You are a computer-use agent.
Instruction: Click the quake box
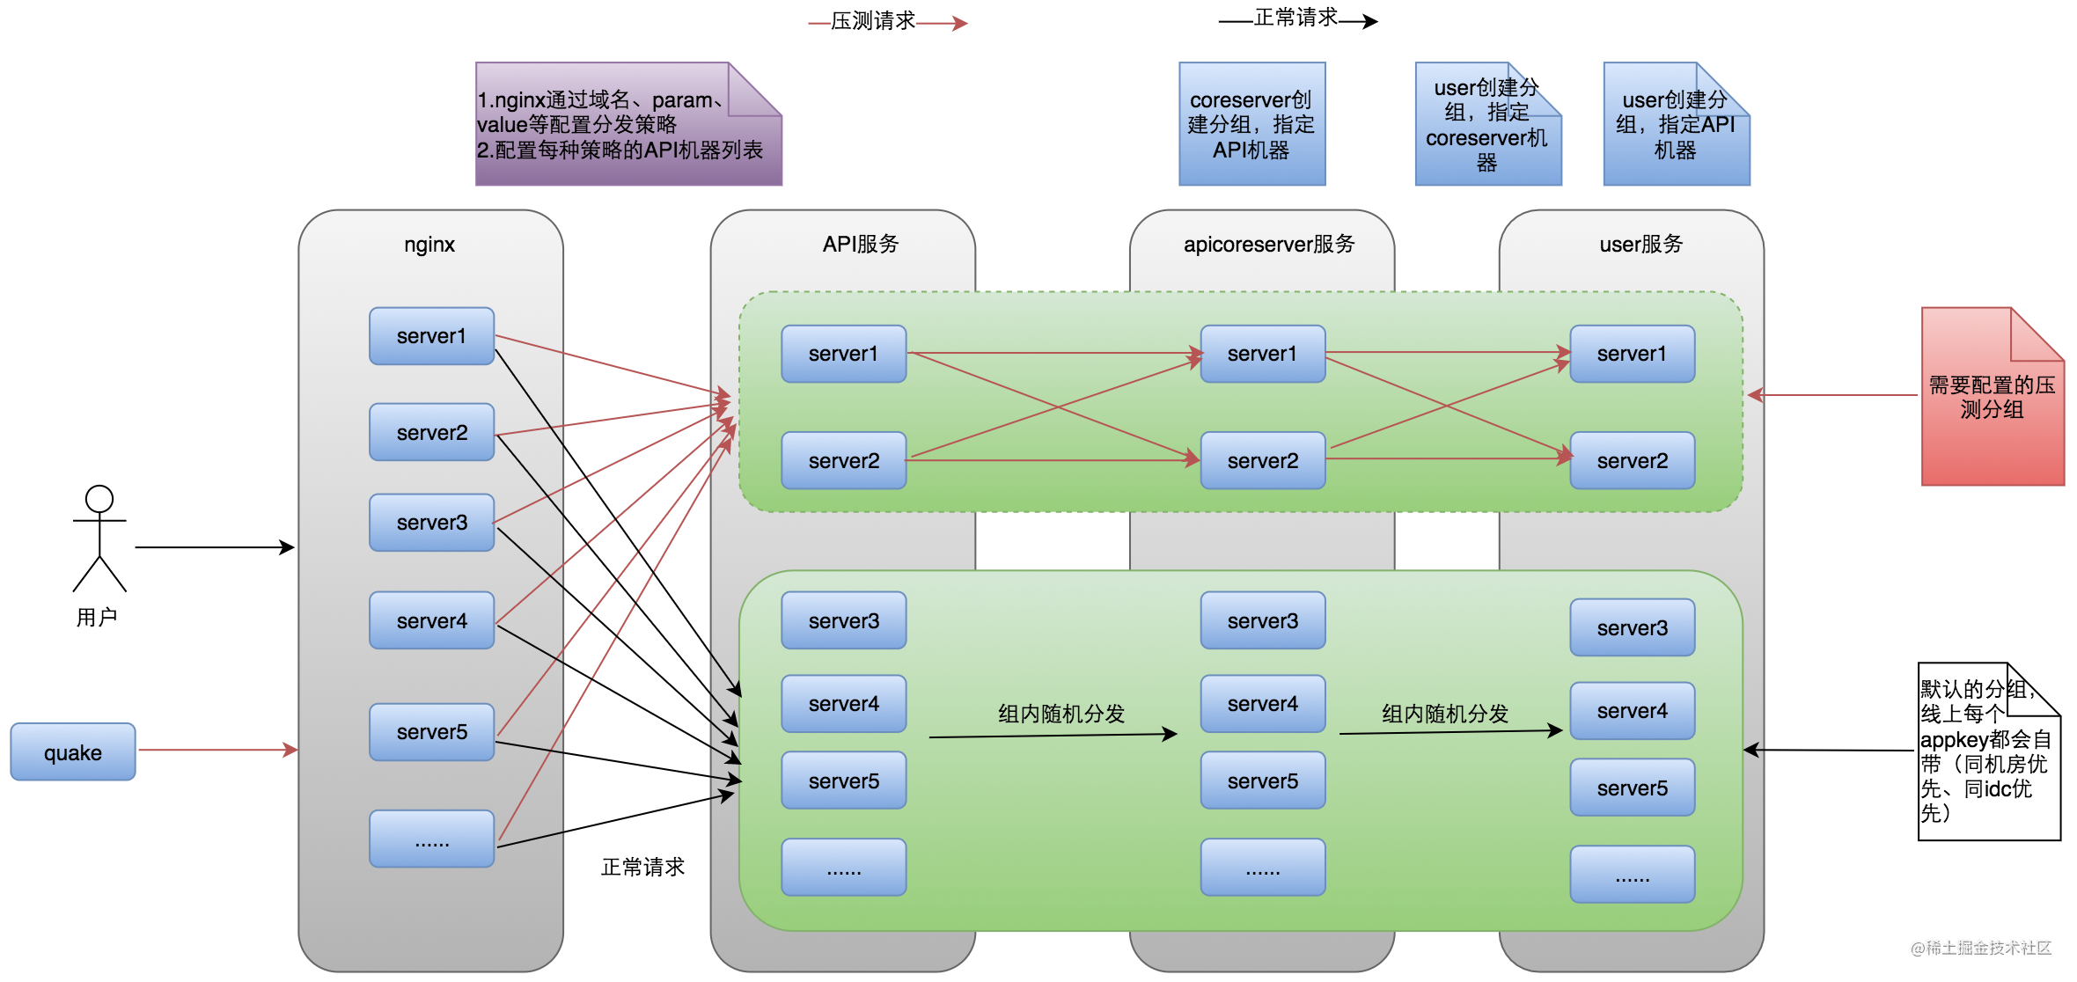coord(73,752)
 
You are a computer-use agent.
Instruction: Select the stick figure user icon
coord(99,538)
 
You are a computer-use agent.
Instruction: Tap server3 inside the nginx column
coord(431,523)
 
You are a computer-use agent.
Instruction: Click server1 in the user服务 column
coord(1632,354)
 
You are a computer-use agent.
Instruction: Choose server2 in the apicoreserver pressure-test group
coord(1262,460)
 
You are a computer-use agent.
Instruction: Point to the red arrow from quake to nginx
coord(217,750)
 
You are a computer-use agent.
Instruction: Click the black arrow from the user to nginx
coord(214,547)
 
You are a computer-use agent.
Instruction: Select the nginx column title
coord(429,245)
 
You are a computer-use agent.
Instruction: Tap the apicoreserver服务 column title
coord(1269,245)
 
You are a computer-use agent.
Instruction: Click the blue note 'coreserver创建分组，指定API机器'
coord(1251,124)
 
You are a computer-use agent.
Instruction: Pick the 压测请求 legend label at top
coord(873,21)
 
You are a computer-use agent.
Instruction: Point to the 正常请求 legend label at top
coord(1295,18)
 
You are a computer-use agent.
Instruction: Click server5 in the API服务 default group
coord(843,780)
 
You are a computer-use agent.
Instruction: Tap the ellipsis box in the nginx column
coord(431,839)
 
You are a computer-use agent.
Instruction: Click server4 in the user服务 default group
coord(1632,711)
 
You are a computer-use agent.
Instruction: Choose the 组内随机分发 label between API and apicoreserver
coord(1061,714)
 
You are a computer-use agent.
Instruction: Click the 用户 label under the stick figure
coord(97,618)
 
